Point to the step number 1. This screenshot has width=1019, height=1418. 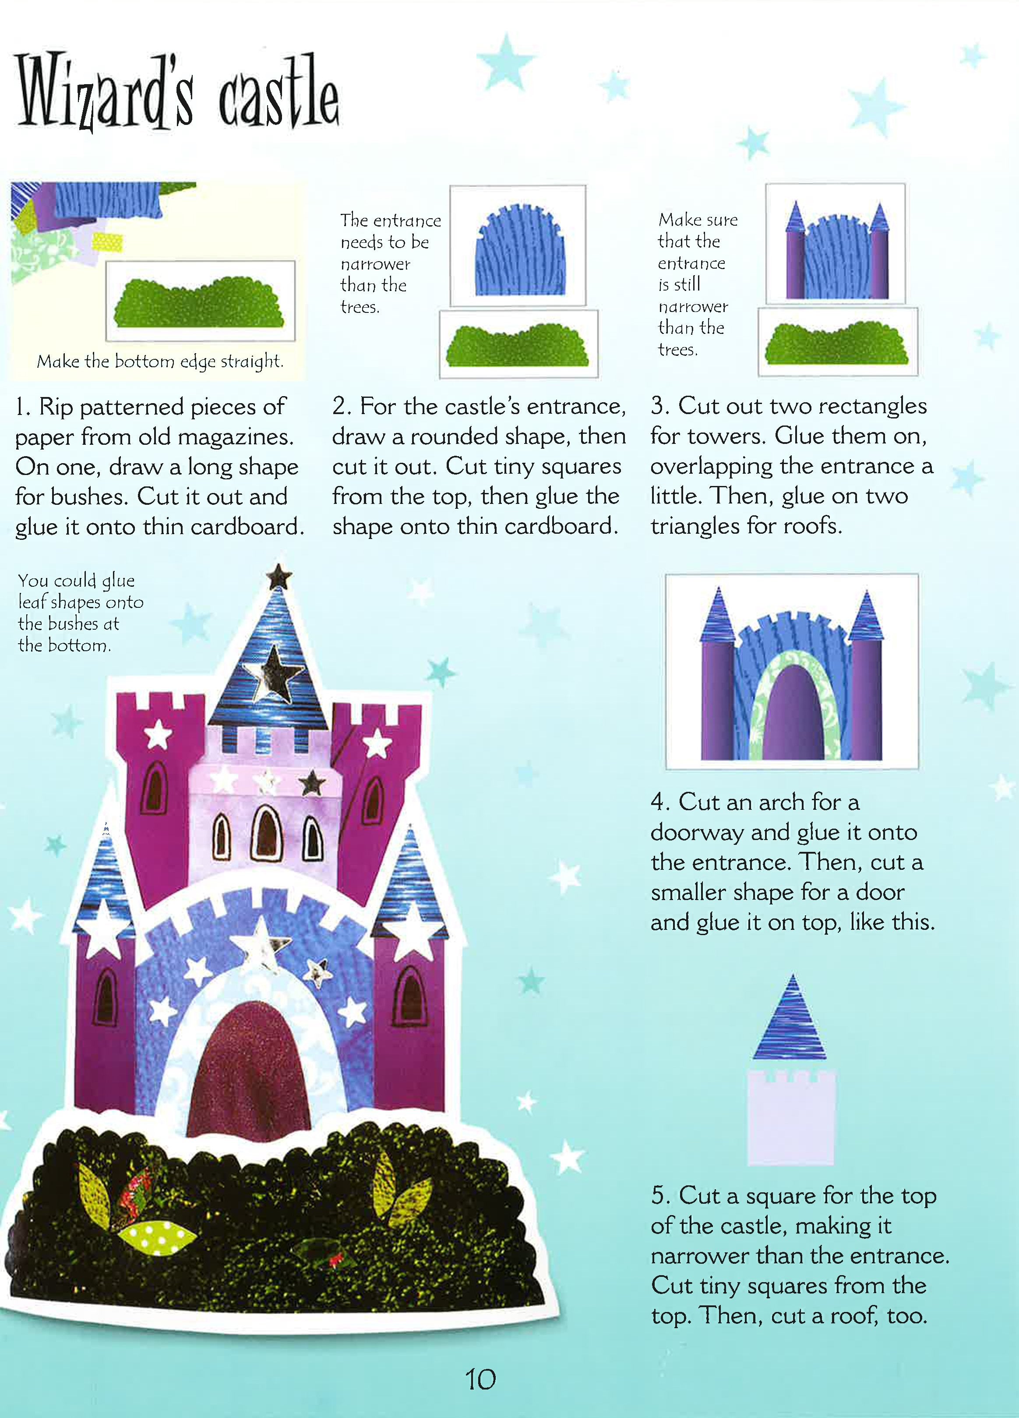pos(22,407)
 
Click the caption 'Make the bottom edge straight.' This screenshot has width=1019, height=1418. pos(160,362)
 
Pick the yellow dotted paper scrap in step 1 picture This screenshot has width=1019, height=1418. pos(107,241)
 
